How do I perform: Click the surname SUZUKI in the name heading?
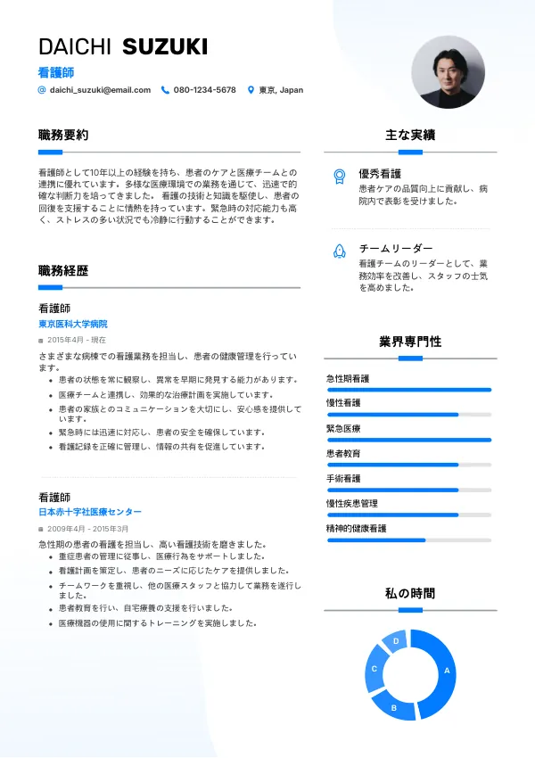164,47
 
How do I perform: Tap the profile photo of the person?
448,73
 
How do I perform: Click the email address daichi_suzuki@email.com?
100,90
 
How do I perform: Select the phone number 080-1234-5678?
204,90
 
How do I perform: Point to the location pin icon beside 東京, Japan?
251,90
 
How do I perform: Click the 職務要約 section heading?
63,136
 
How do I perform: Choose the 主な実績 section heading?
410,136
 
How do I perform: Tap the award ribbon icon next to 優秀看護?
339,176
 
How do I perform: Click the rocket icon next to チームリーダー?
339,251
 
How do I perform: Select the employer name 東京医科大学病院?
78,324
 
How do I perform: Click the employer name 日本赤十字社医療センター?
89,512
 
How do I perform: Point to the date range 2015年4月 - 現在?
76,340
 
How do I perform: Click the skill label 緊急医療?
343,429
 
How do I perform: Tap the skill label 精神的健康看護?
356,529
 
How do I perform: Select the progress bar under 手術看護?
409,490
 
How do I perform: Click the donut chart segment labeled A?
447,671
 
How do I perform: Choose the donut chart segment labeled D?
396,640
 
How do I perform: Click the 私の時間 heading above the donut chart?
410,594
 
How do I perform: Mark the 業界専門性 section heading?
410,342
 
